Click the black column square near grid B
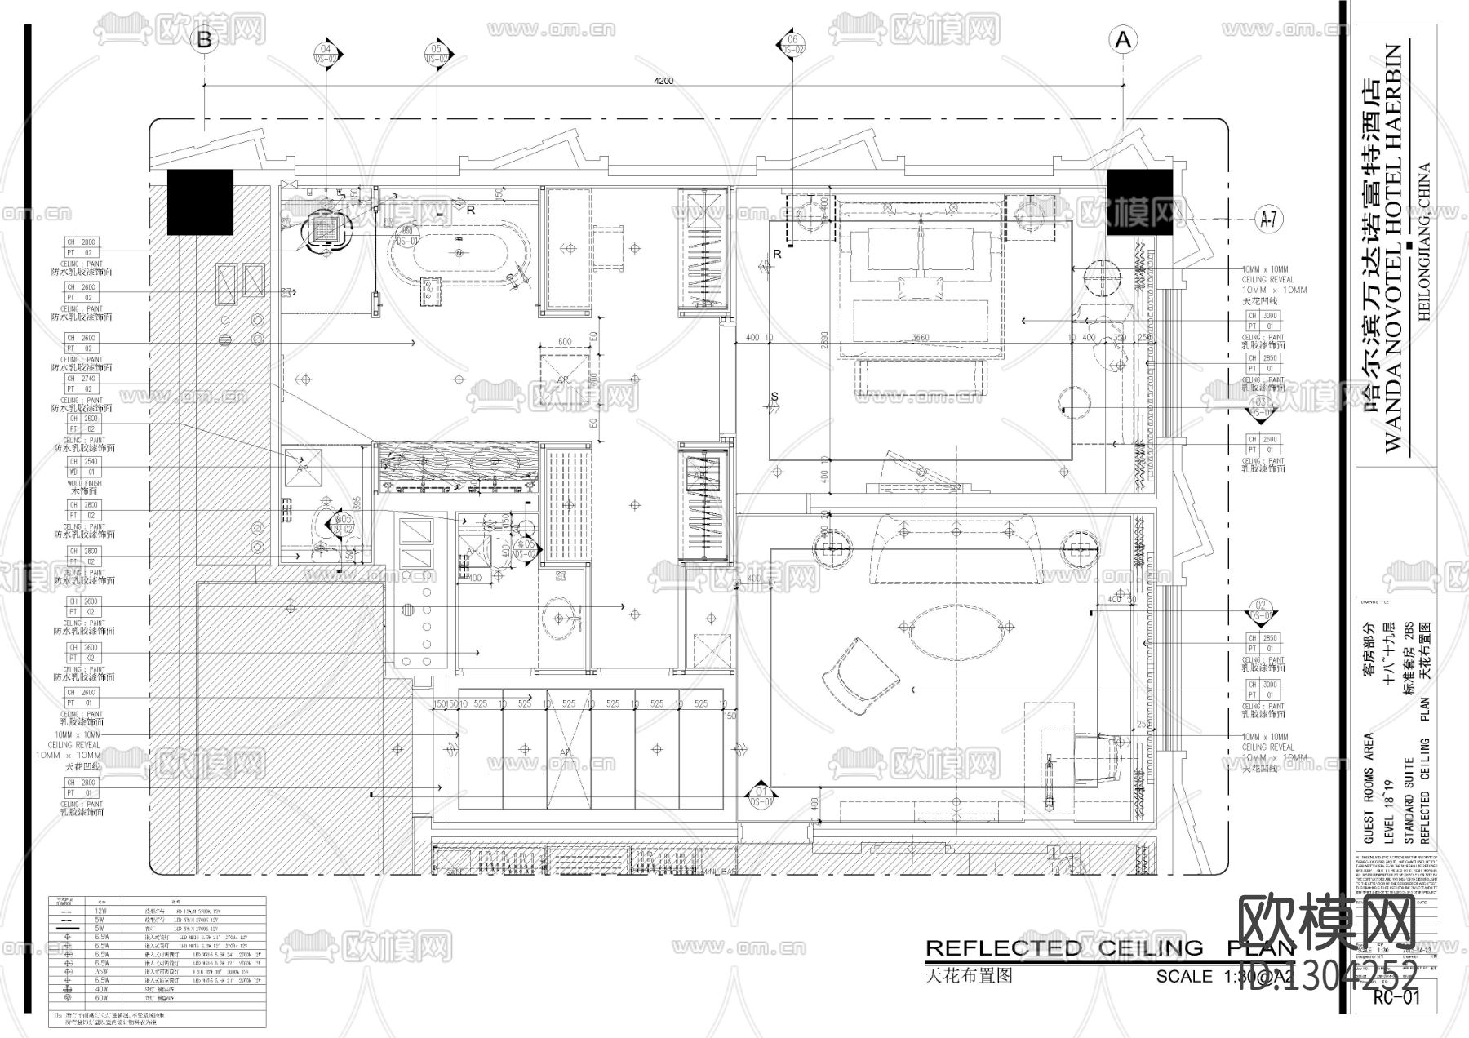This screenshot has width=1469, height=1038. click(200, 202)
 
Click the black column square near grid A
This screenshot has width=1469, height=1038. click(1139, 202)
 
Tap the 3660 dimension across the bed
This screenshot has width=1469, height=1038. click(920, 338)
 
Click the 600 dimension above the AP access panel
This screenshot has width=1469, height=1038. click(564, 342)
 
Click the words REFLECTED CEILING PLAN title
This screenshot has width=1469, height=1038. click(1110, 948)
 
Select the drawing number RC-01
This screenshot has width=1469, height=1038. click(1396, 997)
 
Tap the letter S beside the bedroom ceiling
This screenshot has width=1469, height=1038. click(774, 397)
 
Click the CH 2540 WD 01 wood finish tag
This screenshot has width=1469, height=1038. click(82, 467)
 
